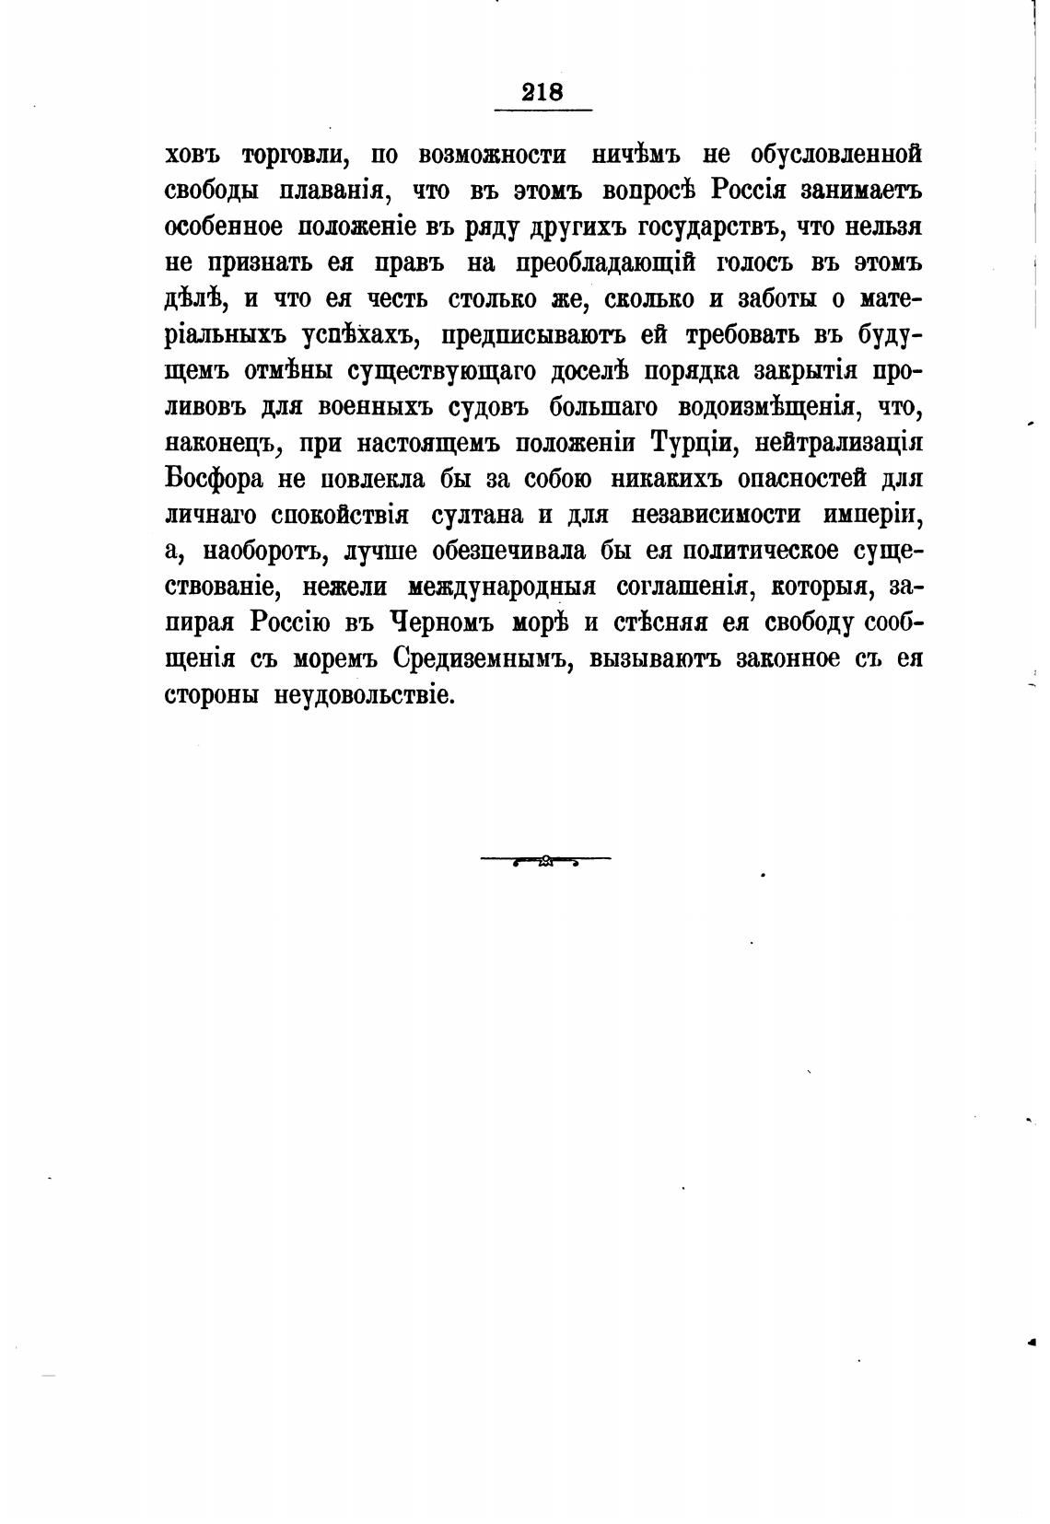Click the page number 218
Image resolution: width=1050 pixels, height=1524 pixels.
(x=542, y=92)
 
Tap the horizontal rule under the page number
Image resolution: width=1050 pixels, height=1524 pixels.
(x=542, y=111)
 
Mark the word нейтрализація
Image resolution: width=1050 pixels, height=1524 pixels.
(x=838, y=443)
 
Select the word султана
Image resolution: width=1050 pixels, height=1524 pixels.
(x=477, y=515)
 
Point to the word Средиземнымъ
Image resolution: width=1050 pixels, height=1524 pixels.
(x=479, y=659)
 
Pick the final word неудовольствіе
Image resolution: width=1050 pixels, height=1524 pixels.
(x=365, y=695)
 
